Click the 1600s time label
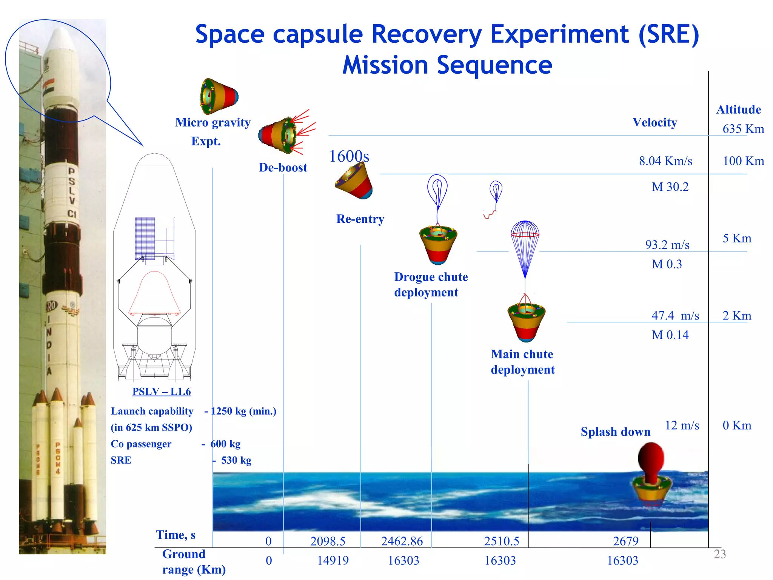coord(349,156)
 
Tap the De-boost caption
coord(283,168)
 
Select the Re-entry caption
coord(360,219)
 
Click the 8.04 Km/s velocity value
coord(665,161)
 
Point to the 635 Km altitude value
coord(743,129)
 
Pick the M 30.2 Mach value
coord(670,187)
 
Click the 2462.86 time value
coord(402,541)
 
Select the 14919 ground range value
coord(333,561)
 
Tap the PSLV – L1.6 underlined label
coord(162,392)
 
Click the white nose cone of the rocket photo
coord(60,42)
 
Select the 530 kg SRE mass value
coord(236,460)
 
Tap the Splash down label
coord(615,432)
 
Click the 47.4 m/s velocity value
coord(675,316)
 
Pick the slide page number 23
coord(719,554)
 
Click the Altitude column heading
coord(738,110)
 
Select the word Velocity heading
coord(654,122)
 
